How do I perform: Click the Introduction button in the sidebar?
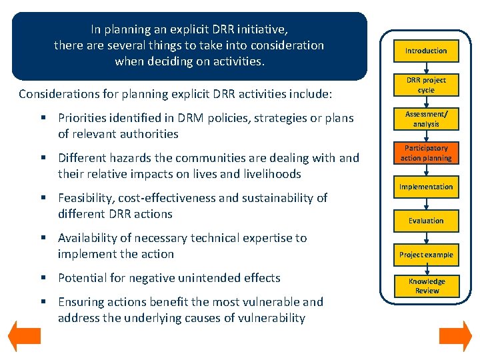[426, 51]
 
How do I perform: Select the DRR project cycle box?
[426, 85]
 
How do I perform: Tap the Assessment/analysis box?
[426, 119]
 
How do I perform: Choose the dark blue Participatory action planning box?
[426, 153]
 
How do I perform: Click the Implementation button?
[426, 187]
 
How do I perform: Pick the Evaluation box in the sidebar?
[426, 221]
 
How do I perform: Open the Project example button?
[426, 255]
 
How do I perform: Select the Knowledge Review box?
[426, 286]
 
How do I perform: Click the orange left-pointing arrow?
[24, 337]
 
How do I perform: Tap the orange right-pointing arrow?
[455, 337]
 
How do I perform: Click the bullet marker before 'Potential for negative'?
[43, 278]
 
